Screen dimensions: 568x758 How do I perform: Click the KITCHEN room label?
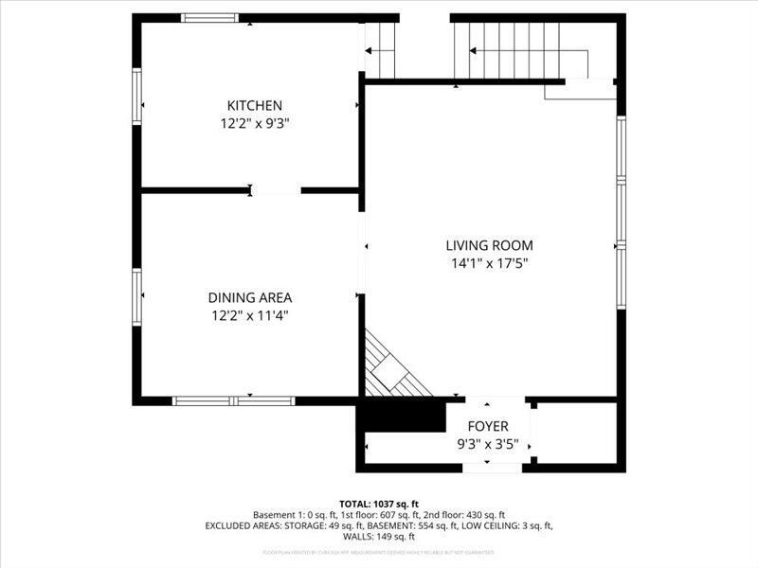(x=254, y=105)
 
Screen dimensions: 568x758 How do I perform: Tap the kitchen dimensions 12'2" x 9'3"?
(x=254, y=122)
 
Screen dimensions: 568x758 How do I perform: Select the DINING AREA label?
(x=250, y=297)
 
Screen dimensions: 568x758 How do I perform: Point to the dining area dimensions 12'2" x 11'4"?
(x=250, y=315)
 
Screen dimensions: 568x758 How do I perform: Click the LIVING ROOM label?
(x=489, y=245)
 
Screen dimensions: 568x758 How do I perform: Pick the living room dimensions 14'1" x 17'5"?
(x=489, y=264)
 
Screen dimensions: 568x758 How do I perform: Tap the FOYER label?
(x=488, y=426)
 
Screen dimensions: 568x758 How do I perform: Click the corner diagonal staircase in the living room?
(x=389, y=369)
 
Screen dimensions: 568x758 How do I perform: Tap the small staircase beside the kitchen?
(x=380, y=49)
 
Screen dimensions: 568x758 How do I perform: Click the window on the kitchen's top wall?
(x=210, y=17)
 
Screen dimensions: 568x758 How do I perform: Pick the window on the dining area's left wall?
(x=137, y=297)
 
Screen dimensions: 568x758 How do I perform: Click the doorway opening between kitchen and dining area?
(x=276, y=190)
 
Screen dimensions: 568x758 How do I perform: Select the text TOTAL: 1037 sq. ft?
(x=379, y=503)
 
